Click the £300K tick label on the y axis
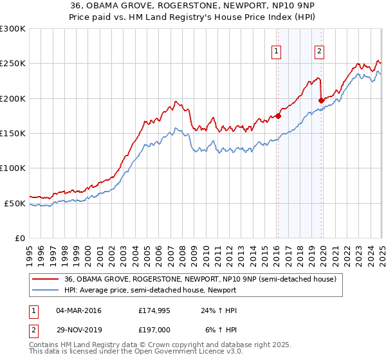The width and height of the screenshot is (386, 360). point(13,29)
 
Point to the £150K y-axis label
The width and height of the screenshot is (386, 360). point(13,134)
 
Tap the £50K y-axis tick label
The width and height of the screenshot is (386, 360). point(15,203)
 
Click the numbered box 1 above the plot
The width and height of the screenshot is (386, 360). point(276,52)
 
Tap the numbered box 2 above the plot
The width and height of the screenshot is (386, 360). point(319,52)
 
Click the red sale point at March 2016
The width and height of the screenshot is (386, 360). point(278,116)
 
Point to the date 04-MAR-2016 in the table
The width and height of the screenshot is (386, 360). point(78,310)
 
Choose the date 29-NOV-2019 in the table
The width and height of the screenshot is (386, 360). point(78,330)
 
